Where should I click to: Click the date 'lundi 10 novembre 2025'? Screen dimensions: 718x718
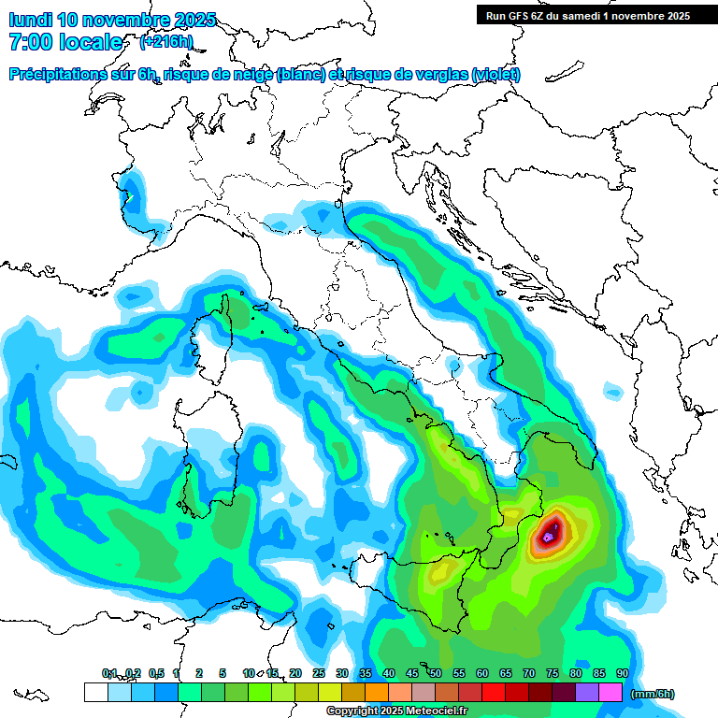[x=112, y=20]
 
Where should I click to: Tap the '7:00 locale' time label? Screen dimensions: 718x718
[x=65, y=42]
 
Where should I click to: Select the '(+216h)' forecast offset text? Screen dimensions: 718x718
[x=166, y=41]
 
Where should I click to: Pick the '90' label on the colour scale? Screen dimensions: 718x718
[x=623, y=673]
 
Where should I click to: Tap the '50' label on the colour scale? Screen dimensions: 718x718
[x=436, y=673]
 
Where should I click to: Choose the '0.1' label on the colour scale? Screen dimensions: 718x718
[x=110, y=673]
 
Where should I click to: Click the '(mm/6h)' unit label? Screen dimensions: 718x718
[x=653, y=694]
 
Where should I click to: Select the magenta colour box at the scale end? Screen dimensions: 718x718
[x=610, y=693]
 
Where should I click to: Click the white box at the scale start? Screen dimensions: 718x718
[x=95, y=693]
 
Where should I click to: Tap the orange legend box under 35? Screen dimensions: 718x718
[x=377, y=693]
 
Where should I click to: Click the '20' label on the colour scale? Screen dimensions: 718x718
[x=295, y=673]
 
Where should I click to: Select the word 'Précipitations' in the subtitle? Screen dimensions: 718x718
[x=58, y=75]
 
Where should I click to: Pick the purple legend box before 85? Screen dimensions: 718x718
[x=587, y=693]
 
